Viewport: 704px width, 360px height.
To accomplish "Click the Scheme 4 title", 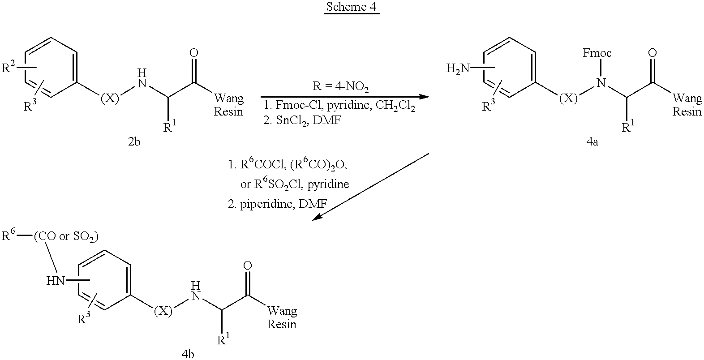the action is [351, 7].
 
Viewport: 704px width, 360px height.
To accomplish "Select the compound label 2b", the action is [134, 142].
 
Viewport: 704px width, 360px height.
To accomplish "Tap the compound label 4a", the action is [592, 142].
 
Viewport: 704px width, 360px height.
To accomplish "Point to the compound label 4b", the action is [188, 354].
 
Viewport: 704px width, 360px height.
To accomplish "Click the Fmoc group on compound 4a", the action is [597, 53].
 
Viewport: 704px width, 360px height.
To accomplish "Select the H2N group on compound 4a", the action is [458, 69].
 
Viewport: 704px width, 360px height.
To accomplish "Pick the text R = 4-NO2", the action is [340, 87].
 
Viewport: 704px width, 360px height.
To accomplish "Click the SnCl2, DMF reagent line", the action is [302, 120].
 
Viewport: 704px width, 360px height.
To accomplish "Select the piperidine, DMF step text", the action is [277, 204].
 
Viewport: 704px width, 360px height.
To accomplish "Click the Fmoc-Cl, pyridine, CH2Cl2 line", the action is [339, 106].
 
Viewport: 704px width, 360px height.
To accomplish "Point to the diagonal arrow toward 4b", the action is [371, 187].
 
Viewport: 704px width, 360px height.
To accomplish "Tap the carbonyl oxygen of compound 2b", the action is [194, 53].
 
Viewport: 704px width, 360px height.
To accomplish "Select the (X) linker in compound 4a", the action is [569, 99].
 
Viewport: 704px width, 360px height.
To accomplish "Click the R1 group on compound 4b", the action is [223, 339].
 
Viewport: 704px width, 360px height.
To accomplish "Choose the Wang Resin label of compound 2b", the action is [229, 105].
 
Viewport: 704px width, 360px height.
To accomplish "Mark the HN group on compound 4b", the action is [56, 281].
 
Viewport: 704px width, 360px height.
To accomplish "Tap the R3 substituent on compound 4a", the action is [489, 106].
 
